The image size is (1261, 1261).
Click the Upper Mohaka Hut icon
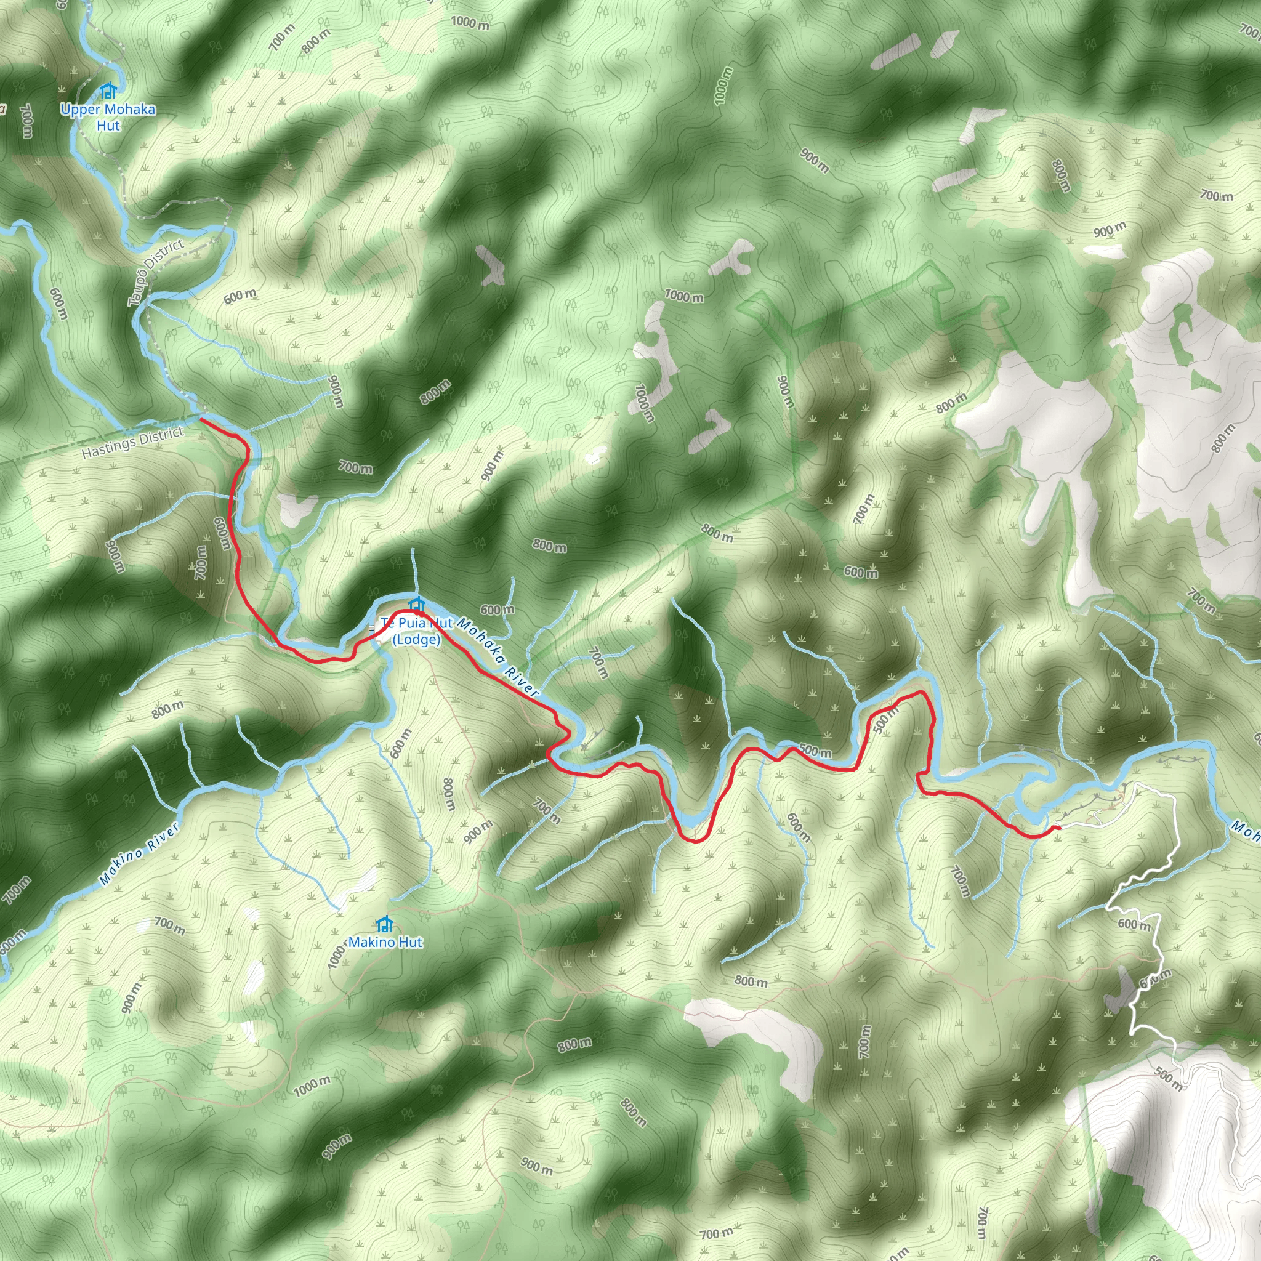pyautogui.click(x=108, y=90)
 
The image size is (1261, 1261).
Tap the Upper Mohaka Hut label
pyautogui.click(x=108, y=117)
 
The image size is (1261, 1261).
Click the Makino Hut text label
pyautogui.click(x=387, y=942)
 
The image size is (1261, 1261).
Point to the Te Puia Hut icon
pyautogui.click(x=416, y=605)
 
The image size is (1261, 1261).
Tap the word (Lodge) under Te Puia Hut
pyautogui.click(x=416, y=640)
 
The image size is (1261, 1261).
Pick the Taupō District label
pyautogui.click(x=156, y=272)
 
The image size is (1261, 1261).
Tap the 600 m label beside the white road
pyautogui.click(x=1134, y=925)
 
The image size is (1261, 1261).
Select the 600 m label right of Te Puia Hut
pyautogui.click(x=498, y=610)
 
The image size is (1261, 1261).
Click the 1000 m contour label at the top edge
pyautogui.click(x=470, y=23)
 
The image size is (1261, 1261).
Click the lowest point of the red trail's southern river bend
pyautogui.click(x=693, y=840)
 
